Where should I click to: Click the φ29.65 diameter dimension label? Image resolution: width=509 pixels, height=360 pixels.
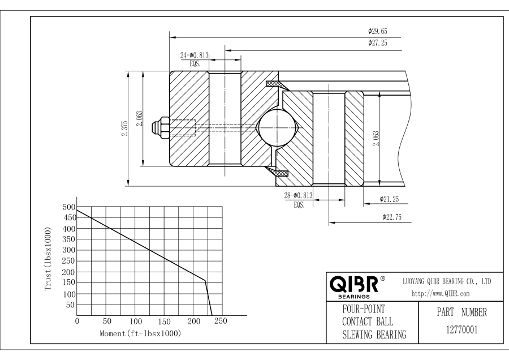pos(377,31)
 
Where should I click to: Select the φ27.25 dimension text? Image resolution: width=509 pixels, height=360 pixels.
pos(377,43)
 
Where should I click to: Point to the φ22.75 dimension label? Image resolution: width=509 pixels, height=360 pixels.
pos(392,217)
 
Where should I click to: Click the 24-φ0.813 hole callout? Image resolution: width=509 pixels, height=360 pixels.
pos(195,55)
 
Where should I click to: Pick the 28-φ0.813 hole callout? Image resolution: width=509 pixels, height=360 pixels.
pos(299,196)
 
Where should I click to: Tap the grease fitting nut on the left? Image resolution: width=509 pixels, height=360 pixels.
pos(162,127)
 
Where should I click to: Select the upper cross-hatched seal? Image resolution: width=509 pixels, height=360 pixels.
pos(275,85)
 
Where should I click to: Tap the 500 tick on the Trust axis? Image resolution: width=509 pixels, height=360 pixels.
pos(67,207)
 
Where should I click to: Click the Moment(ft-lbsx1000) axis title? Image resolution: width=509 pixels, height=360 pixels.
pos(140,333)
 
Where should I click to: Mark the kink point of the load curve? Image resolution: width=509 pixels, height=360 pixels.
pos(205,280)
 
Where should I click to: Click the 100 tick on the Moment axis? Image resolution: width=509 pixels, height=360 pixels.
pos(135,322)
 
